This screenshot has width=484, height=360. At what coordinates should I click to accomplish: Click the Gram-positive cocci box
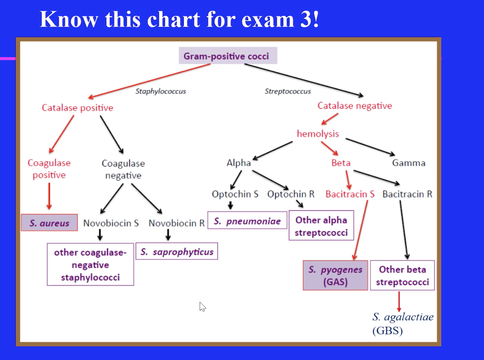(x=228, y=56)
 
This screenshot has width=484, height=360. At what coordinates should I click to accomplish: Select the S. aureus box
(x=49, y=223)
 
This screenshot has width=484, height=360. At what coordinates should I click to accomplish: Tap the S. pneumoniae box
(x=247, y=221)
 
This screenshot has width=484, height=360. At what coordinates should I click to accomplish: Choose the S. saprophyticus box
(x=177, y=252)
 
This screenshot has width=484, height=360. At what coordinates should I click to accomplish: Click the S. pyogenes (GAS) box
(x=335, y=275)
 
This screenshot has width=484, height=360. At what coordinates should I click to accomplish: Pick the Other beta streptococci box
(x=402, y=275)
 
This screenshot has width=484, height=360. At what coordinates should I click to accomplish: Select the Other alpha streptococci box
(x=321, y=226)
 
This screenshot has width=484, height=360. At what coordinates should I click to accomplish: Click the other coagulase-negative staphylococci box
(x=90, y=265)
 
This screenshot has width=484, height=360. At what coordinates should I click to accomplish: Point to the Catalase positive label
(x=78, y=107)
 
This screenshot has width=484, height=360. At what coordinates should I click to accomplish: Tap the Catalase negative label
(x=355, y=105)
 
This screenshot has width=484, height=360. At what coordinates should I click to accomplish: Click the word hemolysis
(x=318, y=134)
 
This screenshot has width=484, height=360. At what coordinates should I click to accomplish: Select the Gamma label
(x=409, y=163)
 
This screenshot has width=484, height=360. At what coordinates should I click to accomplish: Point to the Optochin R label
(x=291, y=194)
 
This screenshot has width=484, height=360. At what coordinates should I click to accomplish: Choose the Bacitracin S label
(x=350, y=194)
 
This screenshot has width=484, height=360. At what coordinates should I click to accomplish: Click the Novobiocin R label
(x=176, y=223)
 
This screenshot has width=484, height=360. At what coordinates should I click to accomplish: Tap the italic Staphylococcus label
(x=160, y=91)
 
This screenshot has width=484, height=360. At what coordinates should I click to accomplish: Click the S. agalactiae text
(x=403, y=317)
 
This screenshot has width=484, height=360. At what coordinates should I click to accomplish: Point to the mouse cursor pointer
(x=202, y=306)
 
